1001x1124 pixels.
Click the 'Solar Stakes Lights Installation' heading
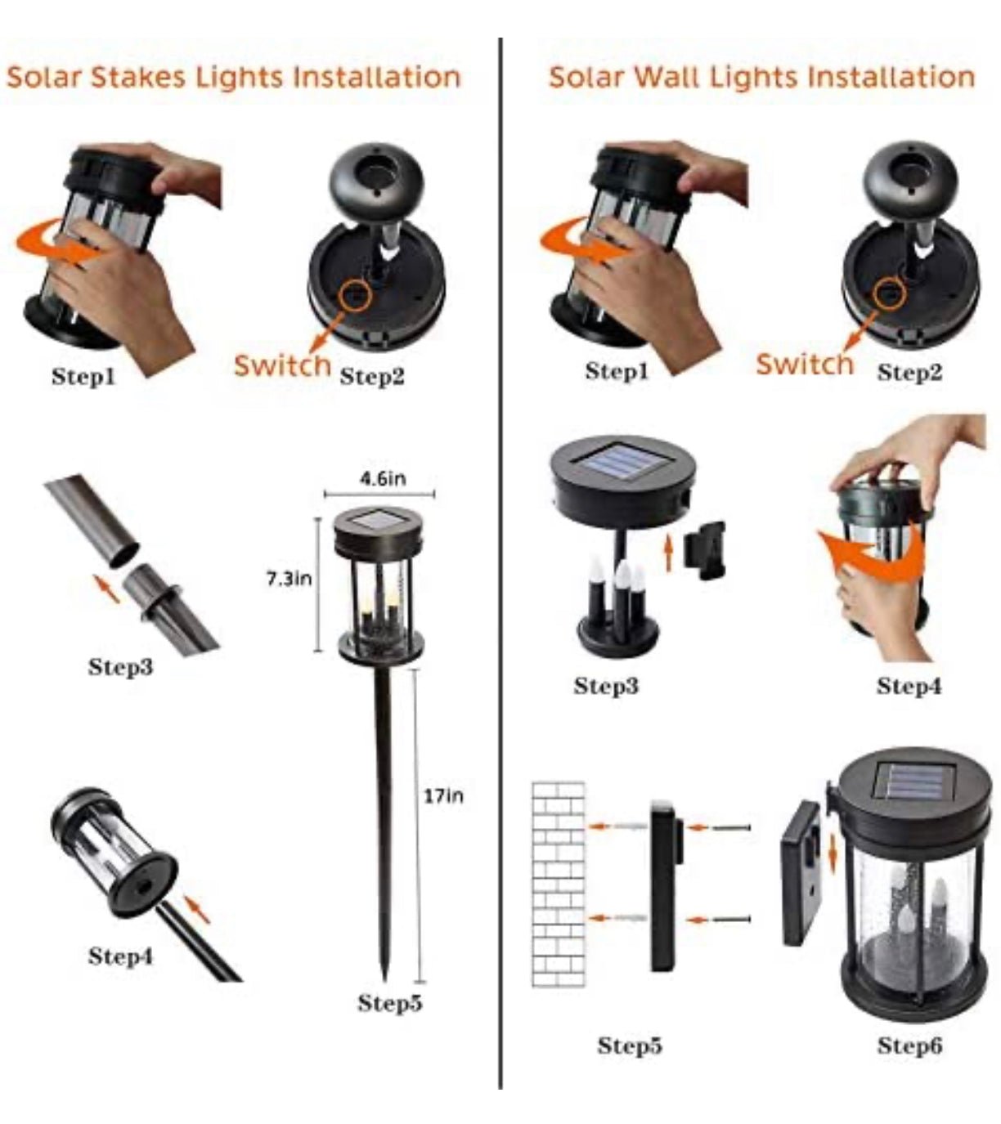pyautogui.click(x=234, y=77)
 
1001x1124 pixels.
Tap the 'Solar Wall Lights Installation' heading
pyautogui.click(x=761, y=77)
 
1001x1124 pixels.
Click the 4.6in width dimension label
pyautogui.click(x=383, y=478)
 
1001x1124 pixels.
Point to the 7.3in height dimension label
pyautogui.click(x=289, y=579)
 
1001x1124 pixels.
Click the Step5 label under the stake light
pyautogui.click(x=390, y=1002)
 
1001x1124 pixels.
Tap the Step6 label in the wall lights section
pyautogui.click(x=909, y=1046)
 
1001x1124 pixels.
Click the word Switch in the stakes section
pyautogui.click(x=282, y=365)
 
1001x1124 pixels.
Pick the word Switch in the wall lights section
pyautogui.click(x=805, y=364)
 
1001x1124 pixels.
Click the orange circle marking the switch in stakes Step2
pyautogui.click(x=355, y=294)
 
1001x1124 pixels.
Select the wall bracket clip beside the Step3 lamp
pyautogui.click(x=705, y=550)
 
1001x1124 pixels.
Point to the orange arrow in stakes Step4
pyautogui.click(x=197, y=911)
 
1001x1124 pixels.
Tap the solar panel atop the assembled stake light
pyautogui.click(x=378, y=521)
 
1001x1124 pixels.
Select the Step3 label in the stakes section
pyautogui.click(x=120, y=666)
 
